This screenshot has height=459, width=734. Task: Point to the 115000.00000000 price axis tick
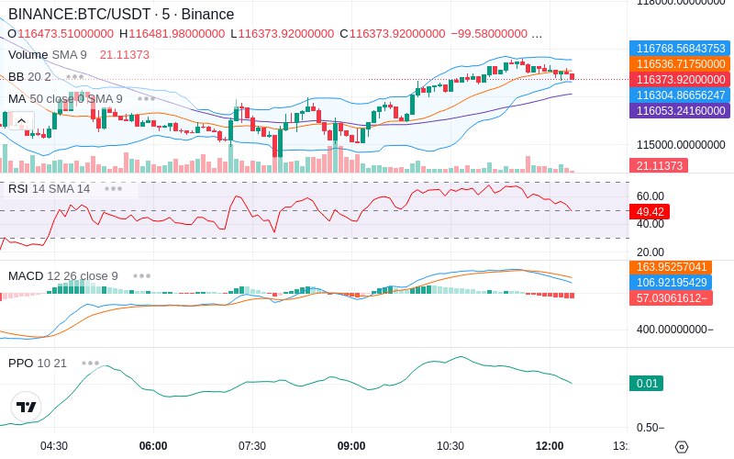tap(679, 145)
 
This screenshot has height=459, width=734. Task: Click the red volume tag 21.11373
tap(658, 166)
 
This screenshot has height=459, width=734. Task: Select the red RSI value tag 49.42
tap(650, 211)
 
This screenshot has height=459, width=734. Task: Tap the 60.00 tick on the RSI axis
tap(650, 196)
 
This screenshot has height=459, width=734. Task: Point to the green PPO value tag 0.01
tap(645, 385)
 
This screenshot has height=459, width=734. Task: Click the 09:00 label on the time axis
tap(351, 446)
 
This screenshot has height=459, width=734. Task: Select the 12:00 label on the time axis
tap(550, 446)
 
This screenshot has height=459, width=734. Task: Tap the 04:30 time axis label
tap(54, 446)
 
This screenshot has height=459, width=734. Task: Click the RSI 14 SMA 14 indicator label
tap(50, 188)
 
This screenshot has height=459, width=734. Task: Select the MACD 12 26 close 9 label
tap(63, 275)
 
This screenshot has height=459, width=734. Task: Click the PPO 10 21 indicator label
tap(38, 363)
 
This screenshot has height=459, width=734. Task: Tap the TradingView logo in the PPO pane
tap(27, 407)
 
